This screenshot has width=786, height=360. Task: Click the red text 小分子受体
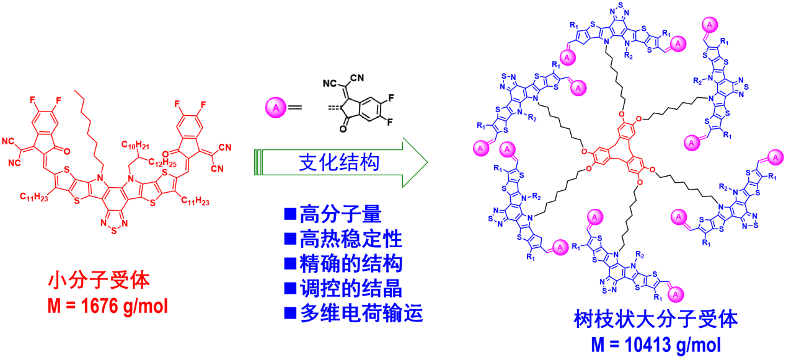pyautogui.click(x=99, y=281)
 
